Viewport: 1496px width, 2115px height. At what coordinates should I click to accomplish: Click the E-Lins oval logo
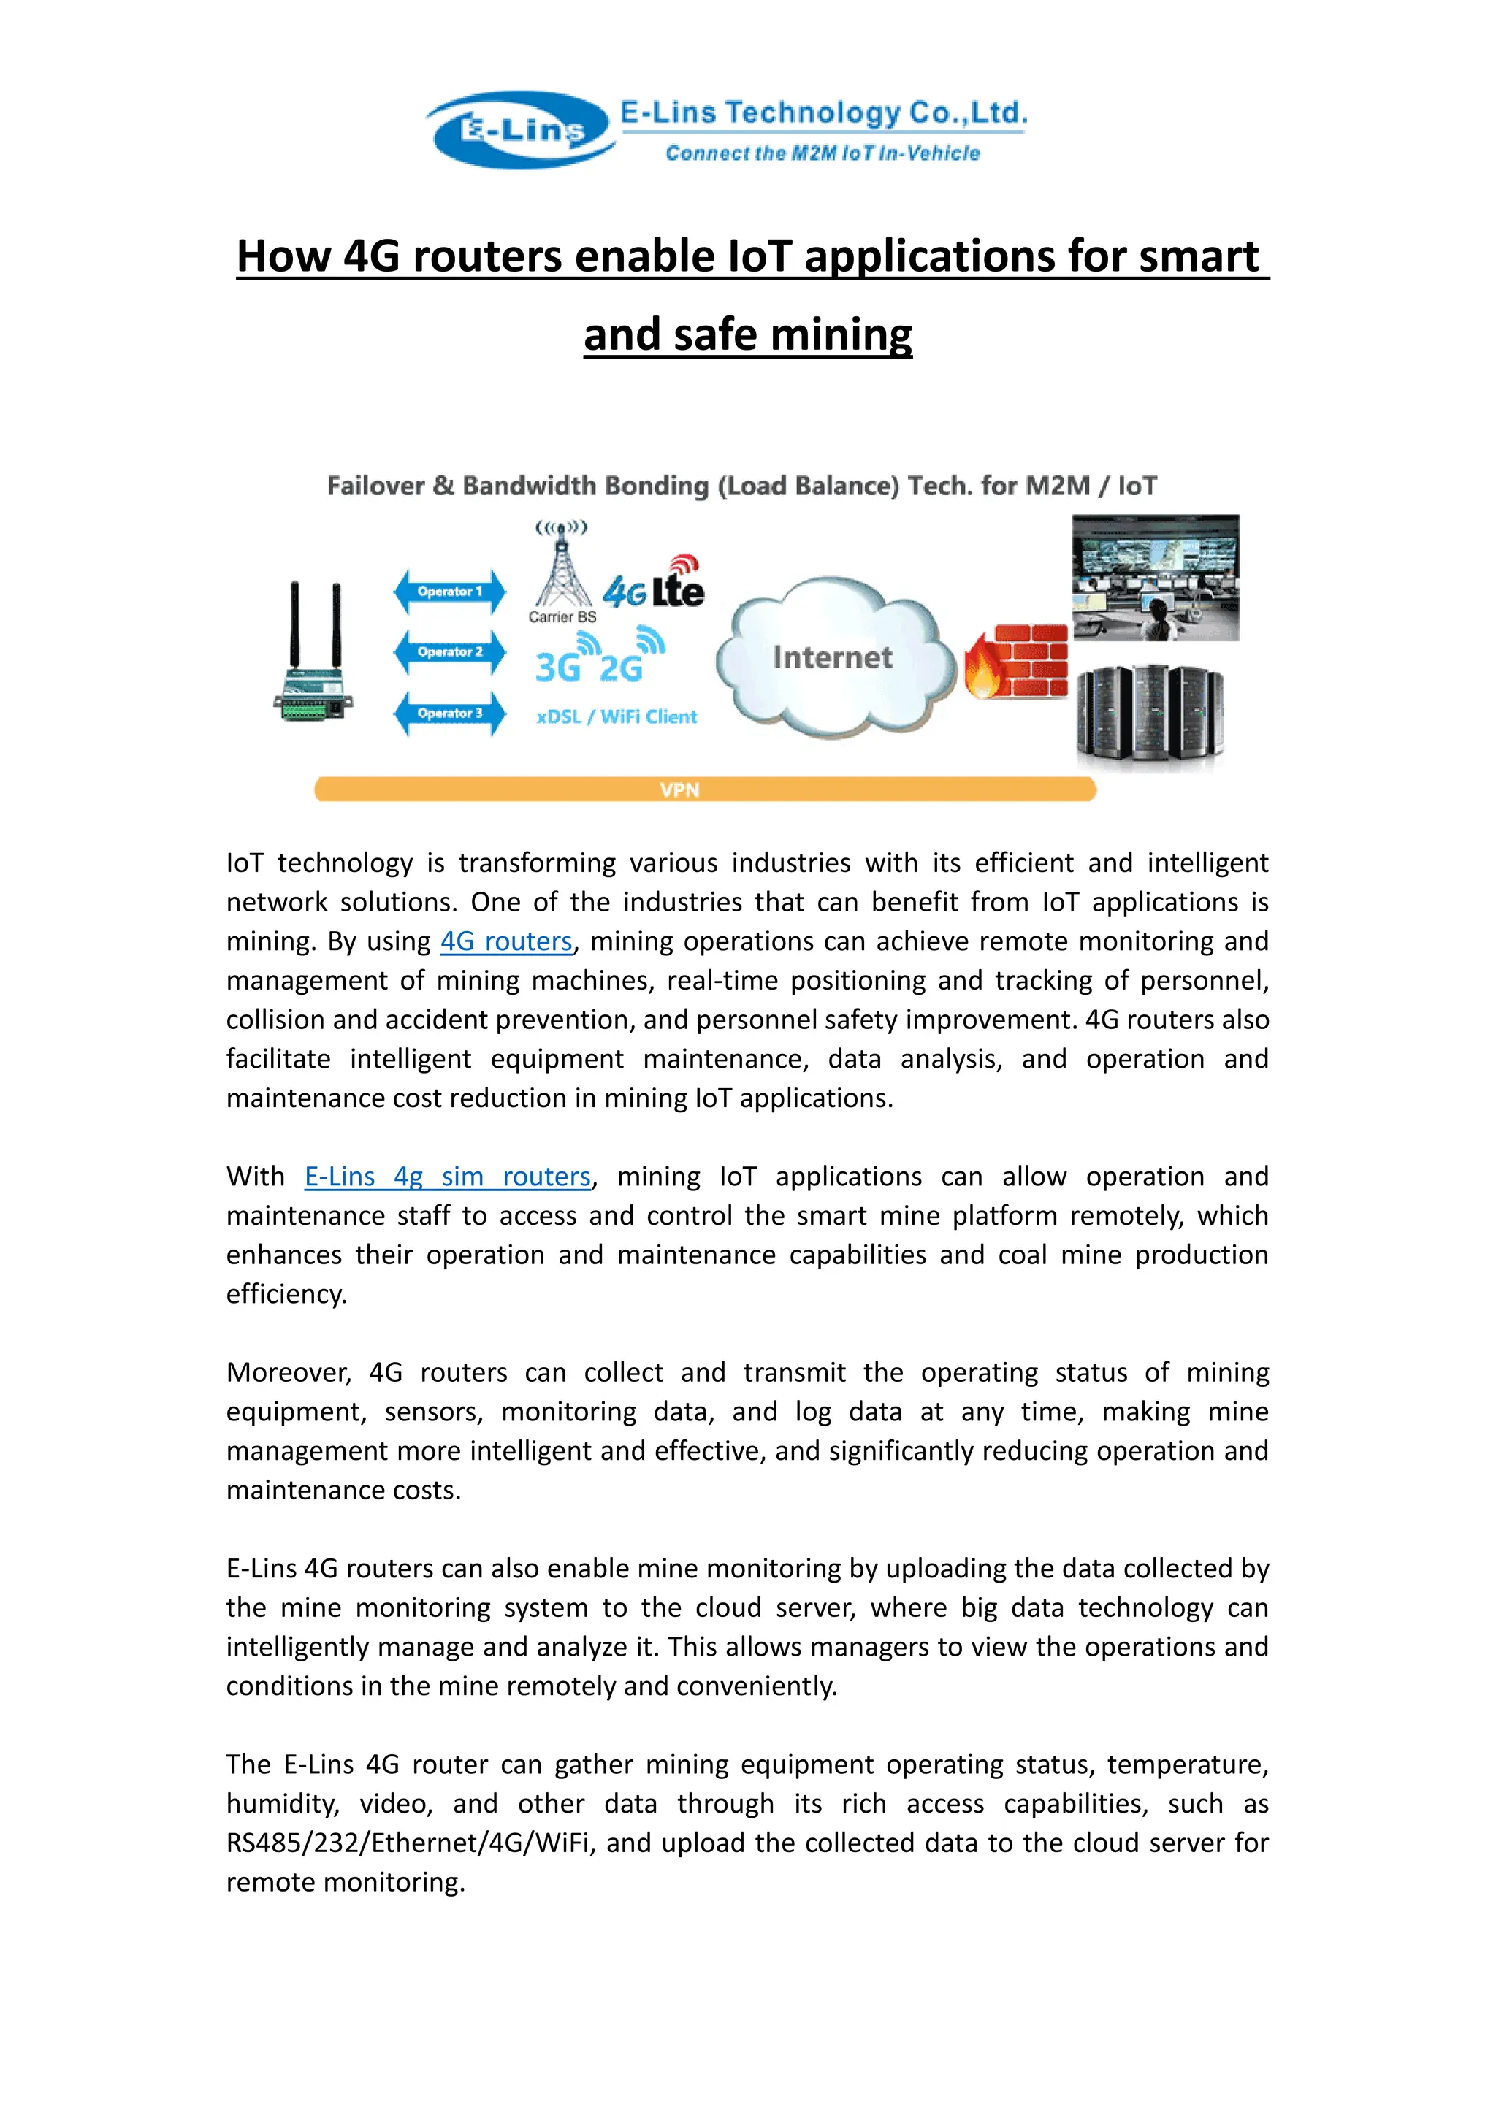[x=522, y=130]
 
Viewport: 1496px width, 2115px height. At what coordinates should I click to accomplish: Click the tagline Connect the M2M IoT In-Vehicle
[x=822, y=153]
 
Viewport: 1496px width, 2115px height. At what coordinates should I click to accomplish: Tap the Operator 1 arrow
[x=449, y=592]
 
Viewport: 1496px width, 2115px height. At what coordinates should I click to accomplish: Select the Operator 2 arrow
[x=449, y=652]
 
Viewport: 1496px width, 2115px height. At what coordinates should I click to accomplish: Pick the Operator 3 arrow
[x=449, y=713]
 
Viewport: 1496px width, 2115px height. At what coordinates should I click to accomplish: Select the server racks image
[x=1150, y=714]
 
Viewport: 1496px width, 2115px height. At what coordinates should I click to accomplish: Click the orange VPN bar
[x=705, y=789]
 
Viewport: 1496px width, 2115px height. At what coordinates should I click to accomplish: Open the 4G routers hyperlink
[x=505, y=941]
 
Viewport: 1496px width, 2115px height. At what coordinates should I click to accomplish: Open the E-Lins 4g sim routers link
[x=448, y=1177]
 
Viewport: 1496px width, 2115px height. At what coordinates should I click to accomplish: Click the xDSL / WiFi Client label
[x=617, y=716]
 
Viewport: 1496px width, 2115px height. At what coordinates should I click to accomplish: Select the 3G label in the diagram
[x=557, y=667]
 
